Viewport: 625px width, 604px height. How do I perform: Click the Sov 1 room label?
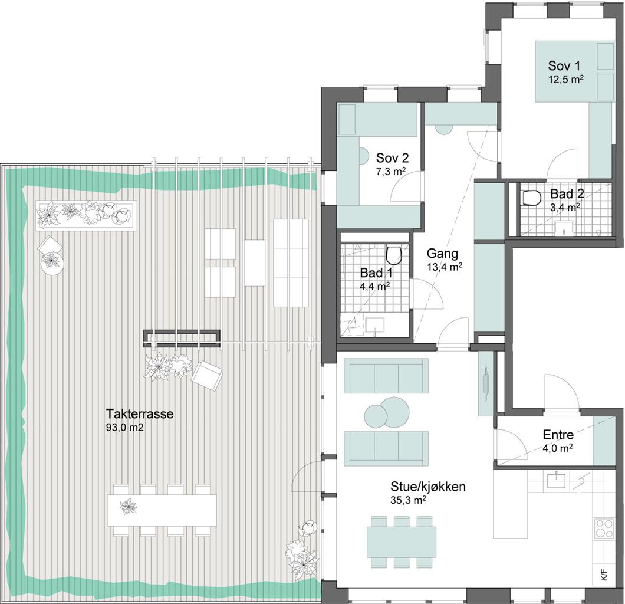click(564, 66)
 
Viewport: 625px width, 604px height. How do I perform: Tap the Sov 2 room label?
click(392, 158)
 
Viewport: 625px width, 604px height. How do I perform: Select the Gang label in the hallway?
click(442, 254)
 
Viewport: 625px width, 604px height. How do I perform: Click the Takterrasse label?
click(140, 413)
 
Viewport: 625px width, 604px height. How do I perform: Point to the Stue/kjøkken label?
click(427, 487)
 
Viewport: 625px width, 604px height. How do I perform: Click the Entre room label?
click(558, 434)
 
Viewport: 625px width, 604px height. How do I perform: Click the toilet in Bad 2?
click(531, 197)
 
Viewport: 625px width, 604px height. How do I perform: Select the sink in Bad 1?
click(374, 325)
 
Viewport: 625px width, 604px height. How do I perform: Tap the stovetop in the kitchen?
click(604, 528)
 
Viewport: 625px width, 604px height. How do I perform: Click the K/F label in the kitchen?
click(604, 576)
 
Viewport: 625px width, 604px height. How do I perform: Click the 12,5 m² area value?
click(565, 79)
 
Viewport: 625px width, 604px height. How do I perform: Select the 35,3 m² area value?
click(409, 500)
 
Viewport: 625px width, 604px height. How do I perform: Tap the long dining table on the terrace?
click(162, 510)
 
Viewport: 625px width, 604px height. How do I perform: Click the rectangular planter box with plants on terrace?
click(86, 215)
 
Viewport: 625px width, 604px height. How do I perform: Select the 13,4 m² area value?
click(445, 267)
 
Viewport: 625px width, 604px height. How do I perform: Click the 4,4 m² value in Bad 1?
click(374, 286)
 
